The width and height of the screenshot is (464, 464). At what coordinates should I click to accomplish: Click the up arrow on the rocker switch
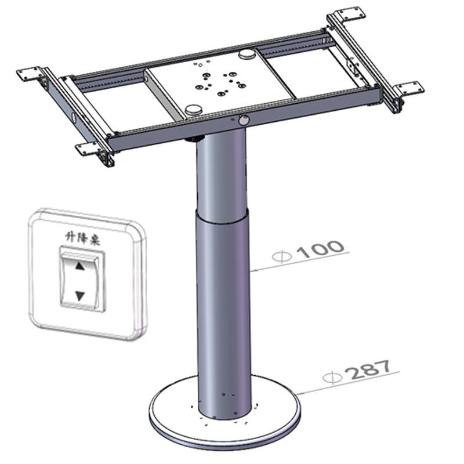[x=80, y=266]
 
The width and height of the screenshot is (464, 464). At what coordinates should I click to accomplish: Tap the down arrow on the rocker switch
[x=80, y=296]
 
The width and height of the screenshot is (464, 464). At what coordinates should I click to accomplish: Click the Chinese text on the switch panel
[x=82, y=238]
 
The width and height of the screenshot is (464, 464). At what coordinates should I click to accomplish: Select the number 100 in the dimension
[x=320, y=251]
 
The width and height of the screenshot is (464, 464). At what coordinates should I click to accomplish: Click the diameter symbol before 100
[x=282, y=256]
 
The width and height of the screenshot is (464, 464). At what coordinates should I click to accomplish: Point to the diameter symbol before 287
[x=332, y=378]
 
